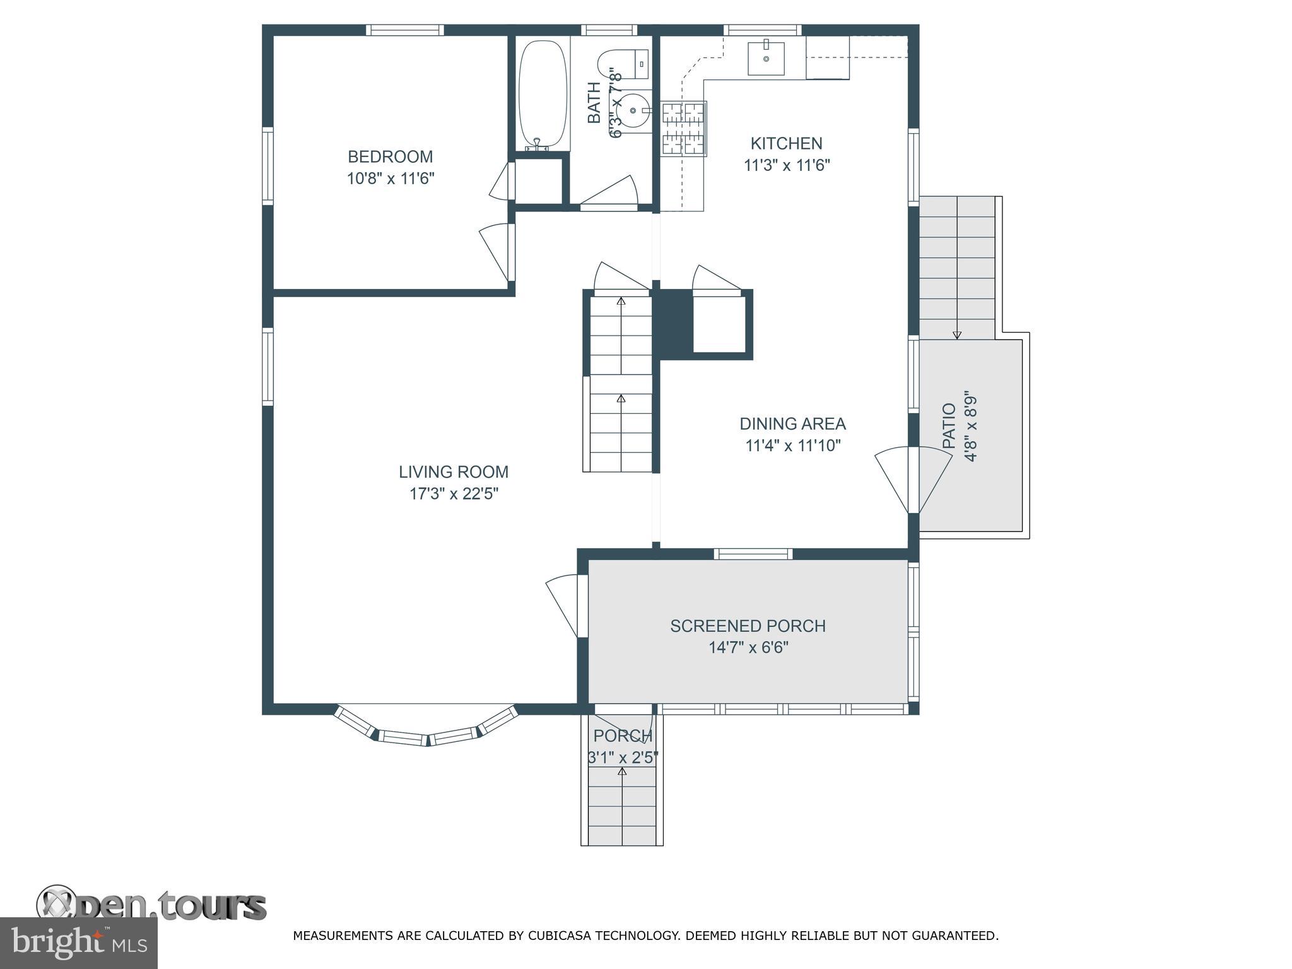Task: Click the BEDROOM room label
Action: [390, 156]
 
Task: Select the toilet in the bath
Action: [621, 64]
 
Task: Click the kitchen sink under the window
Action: [766, 59]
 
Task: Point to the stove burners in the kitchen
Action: [683, 129]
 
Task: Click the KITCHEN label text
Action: [786, 144]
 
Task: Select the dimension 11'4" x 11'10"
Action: [793, 446]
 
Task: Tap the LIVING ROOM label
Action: [453, 472]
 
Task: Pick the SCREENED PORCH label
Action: [748, 626]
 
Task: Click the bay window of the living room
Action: [427, 732]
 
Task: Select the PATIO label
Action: [949, 426]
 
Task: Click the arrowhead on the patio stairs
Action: [957, 336]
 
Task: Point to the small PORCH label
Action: [622, 736]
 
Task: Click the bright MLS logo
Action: [78, 943]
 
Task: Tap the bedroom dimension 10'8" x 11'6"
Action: [391, 179]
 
